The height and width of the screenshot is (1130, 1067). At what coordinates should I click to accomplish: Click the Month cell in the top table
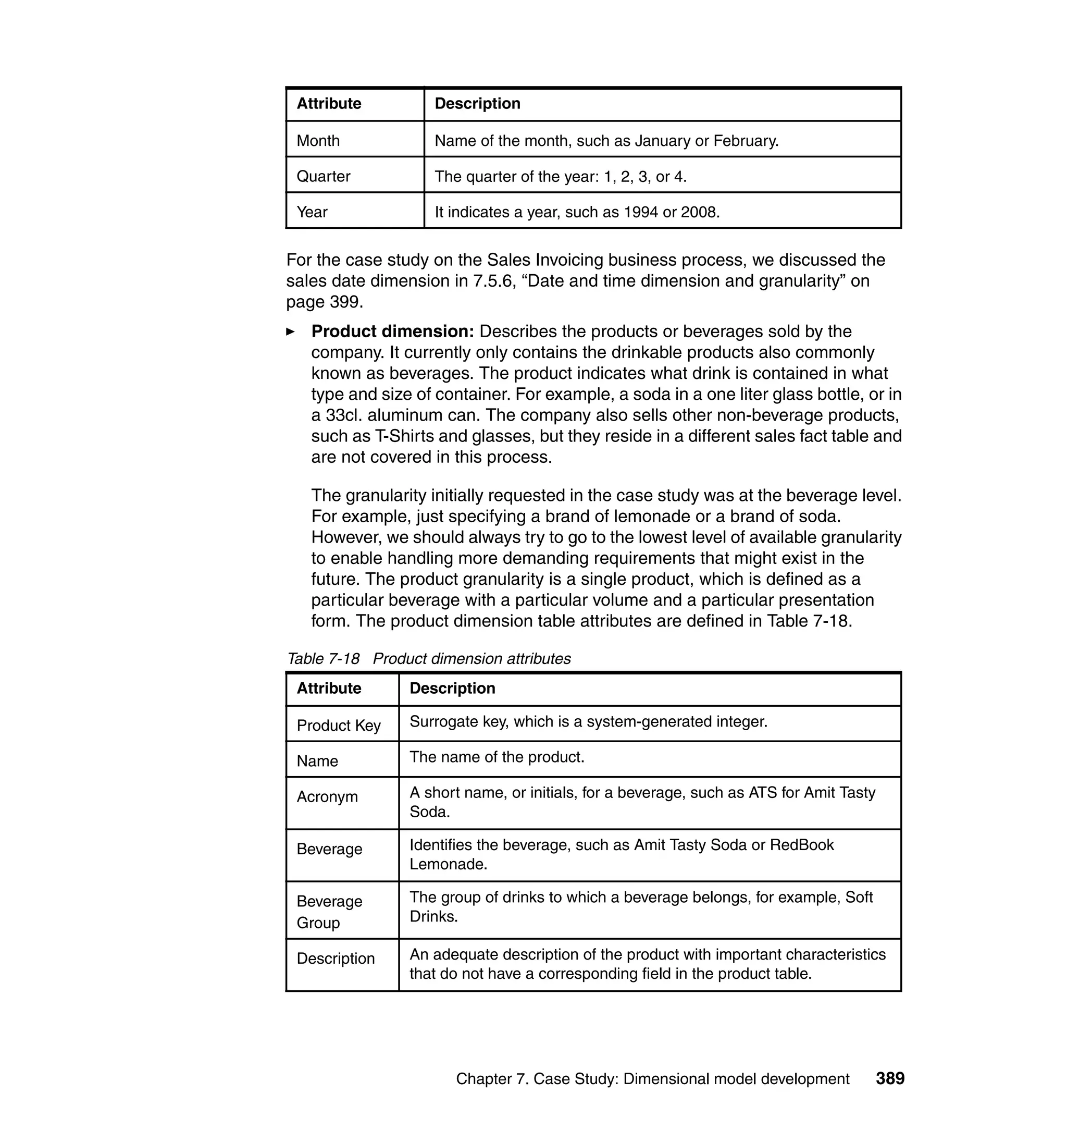coord(318,141)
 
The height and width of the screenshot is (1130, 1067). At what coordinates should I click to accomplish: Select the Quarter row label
coord(323,176)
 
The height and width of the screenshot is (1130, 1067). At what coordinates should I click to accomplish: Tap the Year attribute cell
coord(312,212)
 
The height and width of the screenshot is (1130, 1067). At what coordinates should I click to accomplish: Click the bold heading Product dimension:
coord(392,331)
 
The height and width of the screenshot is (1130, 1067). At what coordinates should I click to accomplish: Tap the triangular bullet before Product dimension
coord(291,331)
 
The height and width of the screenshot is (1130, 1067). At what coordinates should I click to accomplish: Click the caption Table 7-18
coord(323,658)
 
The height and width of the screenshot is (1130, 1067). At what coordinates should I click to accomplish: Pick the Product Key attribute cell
coord(339,726)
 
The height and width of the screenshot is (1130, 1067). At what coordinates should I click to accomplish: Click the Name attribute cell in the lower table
coord(317,761)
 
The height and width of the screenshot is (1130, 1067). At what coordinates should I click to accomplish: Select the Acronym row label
coord(327,796)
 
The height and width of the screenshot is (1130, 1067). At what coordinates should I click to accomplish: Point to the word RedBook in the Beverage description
coord(801,845)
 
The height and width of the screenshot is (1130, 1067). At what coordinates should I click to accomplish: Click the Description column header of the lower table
coord(452,689)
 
